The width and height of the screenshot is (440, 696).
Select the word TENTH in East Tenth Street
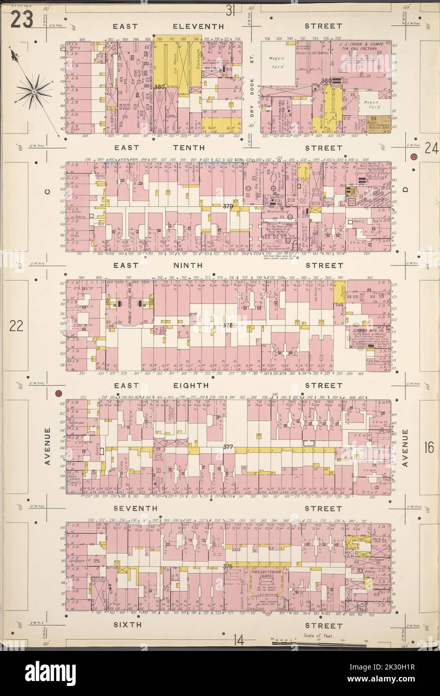[x=188, y=148]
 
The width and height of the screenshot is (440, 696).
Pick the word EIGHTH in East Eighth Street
[x=190, y=386]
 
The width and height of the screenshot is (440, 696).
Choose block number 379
[x=229, y=206]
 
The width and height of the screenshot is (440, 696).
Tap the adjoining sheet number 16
[x=428, y=447]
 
